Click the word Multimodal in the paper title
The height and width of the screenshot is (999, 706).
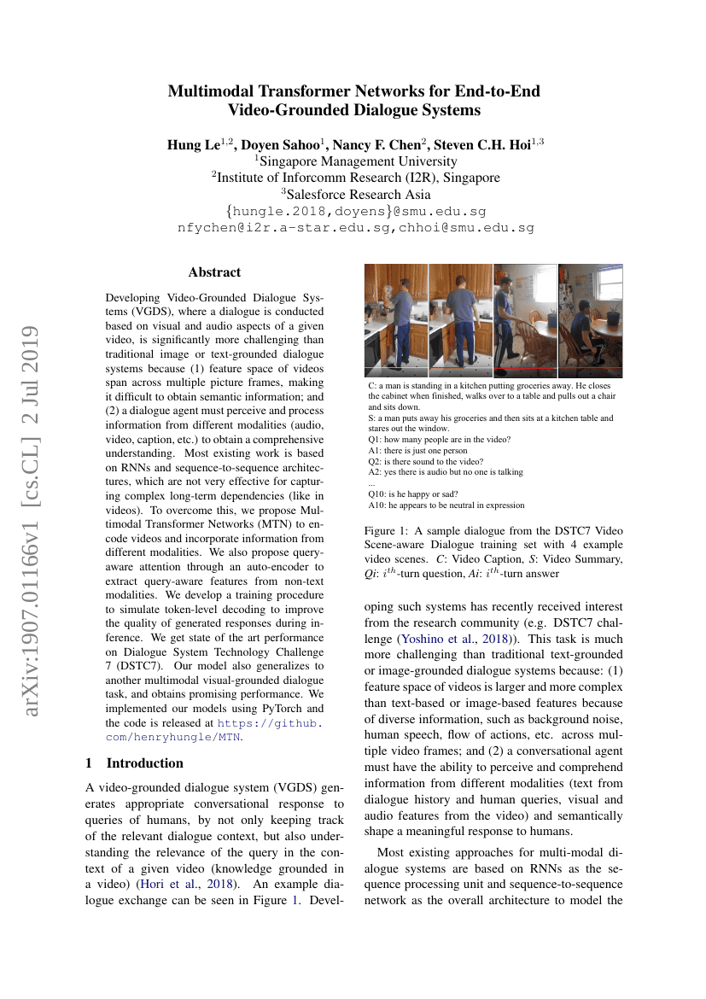207,91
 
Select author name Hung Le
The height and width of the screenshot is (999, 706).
193,144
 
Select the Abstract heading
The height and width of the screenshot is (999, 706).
214,272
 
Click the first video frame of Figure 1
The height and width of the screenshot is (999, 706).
396,320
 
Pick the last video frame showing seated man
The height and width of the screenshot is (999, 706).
590,320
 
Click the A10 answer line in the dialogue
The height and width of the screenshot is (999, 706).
446,505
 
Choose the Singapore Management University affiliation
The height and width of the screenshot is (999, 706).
357,161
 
